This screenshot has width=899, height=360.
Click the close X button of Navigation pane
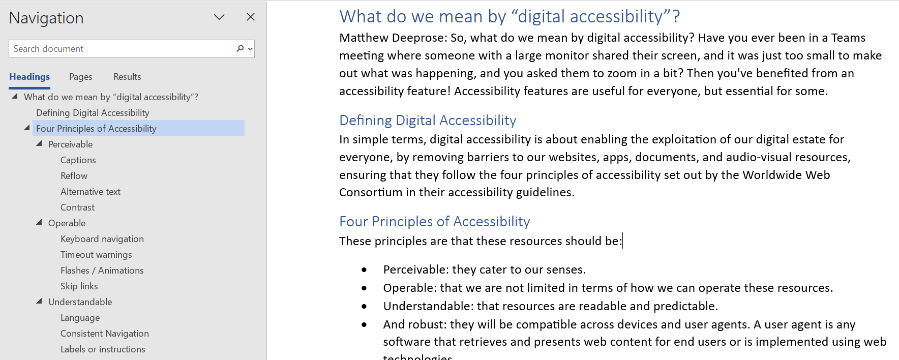coord(251,17)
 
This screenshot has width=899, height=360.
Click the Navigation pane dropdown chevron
coord(219,17)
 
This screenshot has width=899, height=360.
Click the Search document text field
coord(122,49)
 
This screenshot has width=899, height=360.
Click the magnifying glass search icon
coord(241,48)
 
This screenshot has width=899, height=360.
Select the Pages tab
coord(81,77)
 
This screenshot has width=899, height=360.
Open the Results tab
coord(127,77)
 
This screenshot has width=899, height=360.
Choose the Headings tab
coord(29,77)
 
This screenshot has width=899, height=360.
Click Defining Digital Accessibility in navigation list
coord(93,113)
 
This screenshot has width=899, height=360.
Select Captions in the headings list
coord(78,160)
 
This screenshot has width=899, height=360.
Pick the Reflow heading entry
coord(74,176)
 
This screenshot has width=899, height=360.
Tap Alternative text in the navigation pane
coord(91,192)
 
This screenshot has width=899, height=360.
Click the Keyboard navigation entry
coord(102,239)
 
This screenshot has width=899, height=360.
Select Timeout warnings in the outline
coord(96,255)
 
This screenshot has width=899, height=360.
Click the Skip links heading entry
coord(79,286)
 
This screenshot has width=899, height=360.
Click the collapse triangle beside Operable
coord(39,222)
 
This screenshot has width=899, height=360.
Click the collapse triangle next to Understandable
coord(39,301)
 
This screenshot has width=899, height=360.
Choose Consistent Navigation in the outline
coord(105,334)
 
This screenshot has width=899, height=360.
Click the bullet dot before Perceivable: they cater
coord(364,270)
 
